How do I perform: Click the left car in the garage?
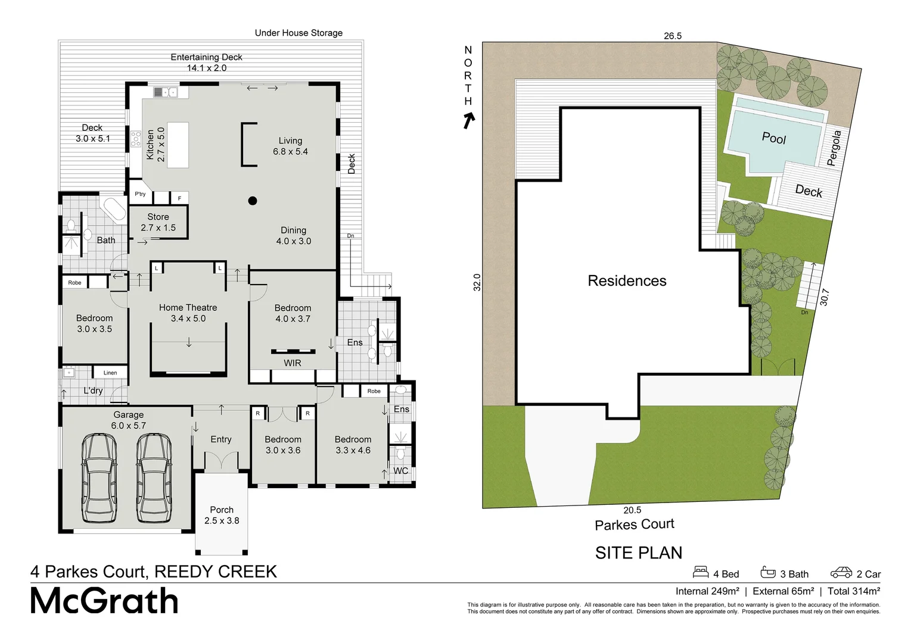pyautogui.click(x=99, y=478)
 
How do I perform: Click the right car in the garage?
pyautogui.click(x=154, y=478)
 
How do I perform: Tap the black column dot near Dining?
pyautogui.click(x=253, y=201)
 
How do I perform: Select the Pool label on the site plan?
pyautogui.click(x=773, y=138)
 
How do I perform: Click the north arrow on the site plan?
pyautogui.click(x=469, y=121)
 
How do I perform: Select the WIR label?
pyautogui.click(x=292, y=363)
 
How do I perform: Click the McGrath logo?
pyautogui.click(x=104, y=601)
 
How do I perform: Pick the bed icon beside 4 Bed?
pyautogui.click(x=701, y=572)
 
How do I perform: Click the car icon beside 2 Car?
pyautogui.click(x=841, y=573)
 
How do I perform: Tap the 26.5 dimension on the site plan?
pyautogui.click(x=672, y=36)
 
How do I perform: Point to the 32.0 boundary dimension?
pyautogui.click(x=476, y=282)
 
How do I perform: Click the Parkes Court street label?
pyautogui.click(x=634, y=525)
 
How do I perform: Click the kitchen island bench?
pyautogui.click(x=178, y=145)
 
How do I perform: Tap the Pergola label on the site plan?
pyautogui.click(x=834, y=148)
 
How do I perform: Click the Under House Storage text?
pyautogui.click(x=299, y=33)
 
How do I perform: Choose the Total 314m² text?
pyautogui.click(x=853, y=591)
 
